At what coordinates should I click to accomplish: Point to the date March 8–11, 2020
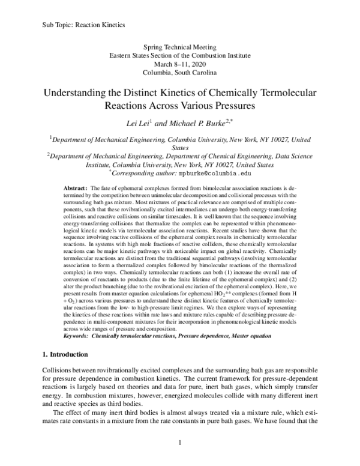(x=180, y=64)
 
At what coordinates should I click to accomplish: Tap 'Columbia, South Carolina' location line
(x=180, y=73)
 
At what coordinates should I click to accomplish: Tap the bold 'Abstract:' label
(x=77, y=188)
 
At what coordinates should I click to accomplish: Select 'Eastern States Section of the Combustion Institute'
(x=180, y=55)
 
